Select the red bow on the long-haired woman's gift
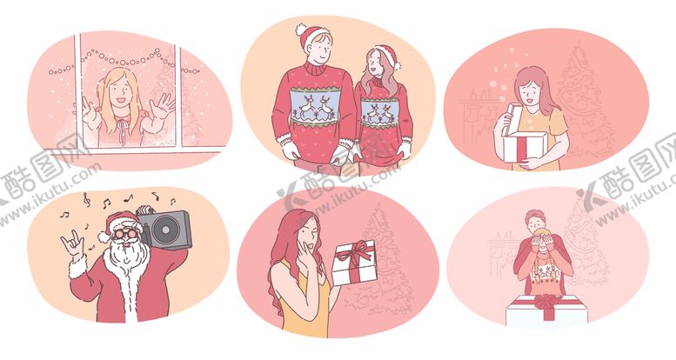[353, 256]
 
